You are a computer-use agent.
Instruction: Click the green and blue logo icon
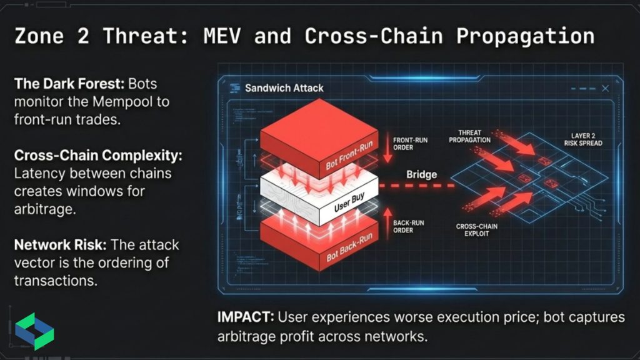pyautogui.click(x=34, y=331)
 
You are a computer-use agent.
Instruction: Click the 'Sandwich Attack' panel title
pyautogui.click(x=284, y=88)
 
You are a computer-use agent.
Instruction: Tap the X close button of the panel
pyautogui.click(x=605, y=89)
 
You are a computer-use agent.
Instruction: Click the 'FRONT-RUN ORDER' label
pyautogui.click(x=409, y=144)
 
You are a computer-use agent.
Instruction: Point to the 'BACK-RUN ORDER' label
pyautogui.click(x=410, y=226)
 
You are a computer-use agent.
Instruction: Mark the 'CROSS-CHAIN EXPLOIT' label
pyautogui.click(x=476, y=230)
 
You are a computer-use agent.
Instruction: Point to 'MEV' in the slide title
pyautogui.click(x=222, y=36)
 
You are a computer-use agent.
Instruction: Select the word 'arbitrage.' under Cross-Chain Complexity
pyautogui.click(x=44, y=209)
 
